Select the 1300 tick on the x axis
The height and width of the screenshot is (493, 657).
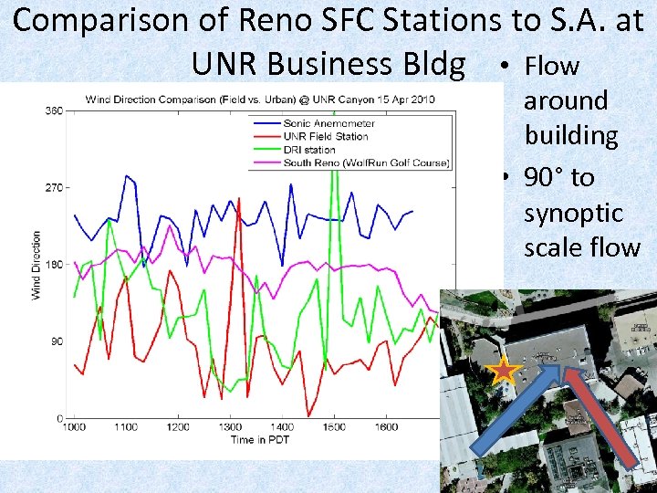(230, 426)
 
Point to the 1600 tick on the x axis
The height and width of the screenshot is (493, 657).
(387, 426)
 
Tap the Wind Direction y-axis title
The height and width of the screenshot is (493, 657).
(37, 265)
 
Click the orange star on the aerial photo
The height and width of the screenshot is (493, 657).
(503, 372)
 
